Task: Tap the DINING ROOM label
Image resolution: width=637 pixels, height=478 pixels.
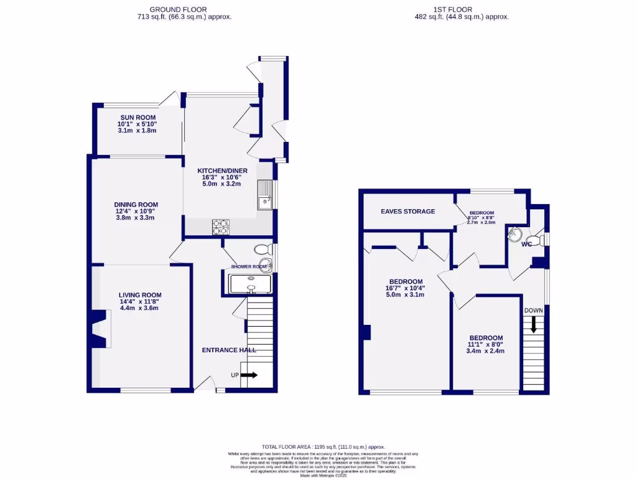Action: pos(136,204)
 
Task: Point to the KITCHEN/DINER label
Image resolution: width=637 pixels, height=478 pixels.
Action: pos(222,171)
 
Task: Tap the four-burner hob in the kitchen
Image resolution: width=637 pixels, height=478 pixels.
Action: pos(221,227)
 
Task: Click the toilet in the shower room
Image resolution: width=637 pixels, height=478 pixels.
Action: pos(264,250)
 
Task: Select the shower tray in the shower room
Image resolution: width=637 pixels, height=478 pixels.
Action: pos(251,284)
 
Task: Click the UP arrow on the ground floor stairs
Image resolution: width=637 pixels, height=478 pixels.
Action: pos(249,375)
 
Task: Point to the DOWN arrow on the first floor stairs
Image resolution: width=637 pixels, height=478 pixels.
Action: pos(533,324)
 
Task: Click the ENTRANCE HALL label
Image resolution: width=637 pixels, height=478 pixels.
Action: pos(229,350)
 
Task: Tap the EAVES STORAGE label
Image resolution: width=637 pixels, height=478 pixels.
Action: pos(407,212)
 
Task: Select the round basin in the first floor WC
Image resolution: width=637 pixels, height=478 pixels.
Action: pos(514,235)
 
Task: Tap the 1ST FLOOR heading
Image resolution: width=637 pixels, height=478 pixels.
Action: pos(452,9)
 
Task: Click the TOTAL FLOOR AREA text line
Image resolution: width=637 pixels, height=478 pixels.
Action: pos(323,447)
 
